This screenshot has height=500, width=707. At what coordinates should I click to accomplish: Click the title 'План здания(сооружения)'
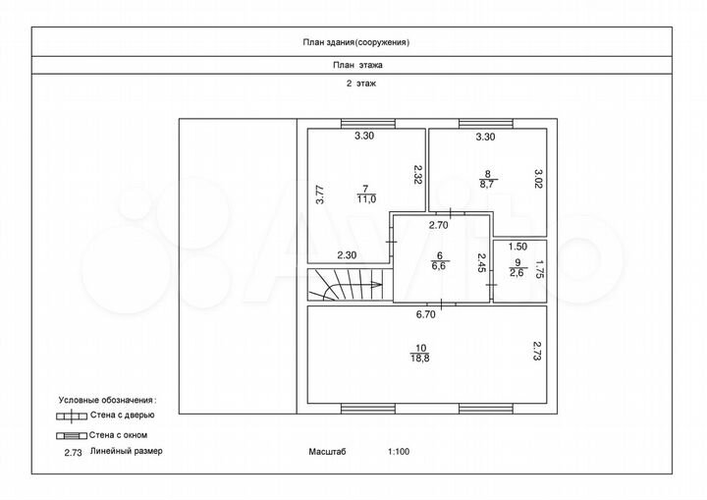pyautogui.click(x=355, y=42)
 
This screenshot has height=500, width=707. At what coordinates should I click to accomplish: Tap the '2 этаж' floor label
pyautogui.click(x=360, y=83)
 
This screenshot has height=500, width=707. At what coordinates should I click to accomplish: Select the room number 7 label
pyautogui.click(x=365, y=189)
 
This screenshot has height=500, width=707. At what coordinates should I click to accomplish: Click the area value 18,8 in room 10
pyautogui.click(x=420, y=358)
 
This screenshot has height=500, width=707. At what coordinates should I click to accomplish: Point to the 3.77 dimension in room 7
pyautogui.click(x=320, y=194)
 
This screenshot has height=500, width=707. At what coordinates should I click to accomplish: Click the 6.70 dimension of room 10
pyautogui.click(x=425, y=314)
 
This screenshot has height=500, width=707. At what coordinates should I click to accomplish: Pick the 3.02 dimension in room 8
pyautogui.click(x=538, y=179)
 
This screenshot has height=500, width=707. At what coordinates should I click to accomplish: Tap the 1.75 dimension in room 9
pyautogui.click(x=538, y=270)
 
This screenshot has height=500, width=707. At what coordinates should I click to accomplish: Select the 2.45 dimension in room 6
pyautogui.click(x=481, y=262)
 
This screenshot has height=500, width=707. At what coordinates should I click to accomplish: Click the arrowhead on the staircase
pyautogui.click(x=376, y=284)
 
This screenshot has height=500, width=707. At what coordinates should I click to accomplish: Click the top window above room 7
pyautogui.click(x=368, y=123)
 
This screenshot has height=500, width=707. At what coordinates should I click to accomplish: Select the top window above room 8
pyautogui.click(x=486, y=123)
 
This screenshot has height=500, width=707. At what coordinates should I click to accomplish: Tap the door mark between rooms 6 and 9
pyautogui.click(x=492, y=285)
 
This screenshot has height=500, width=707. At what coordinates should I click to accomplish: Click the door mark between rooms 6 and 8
pyautogui.click(x=451, y=213)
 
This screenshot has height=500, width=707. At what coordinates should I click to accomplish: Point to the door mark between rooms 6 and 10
pyautogui.click(x=441, y=305)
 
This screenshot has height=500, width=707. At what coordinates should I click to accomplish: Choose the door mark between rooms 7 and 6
pyautogui.click(x=392, y=243)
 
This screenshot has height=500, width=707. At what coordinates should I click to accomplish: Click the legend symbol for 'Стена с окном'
pyautogui.click(x=72, y=436)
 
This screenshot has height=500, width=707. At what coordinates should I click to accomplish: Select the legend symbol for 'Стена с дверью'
pyautogui.click(x=72, y=417)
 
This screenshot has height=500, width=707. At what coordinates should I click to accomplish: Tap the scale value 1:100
pyautogui.click(x=399, y=451)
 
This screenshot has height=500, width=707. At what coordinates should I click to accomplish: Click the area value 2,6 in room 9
pyautogui.click(x=517, y=272)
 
